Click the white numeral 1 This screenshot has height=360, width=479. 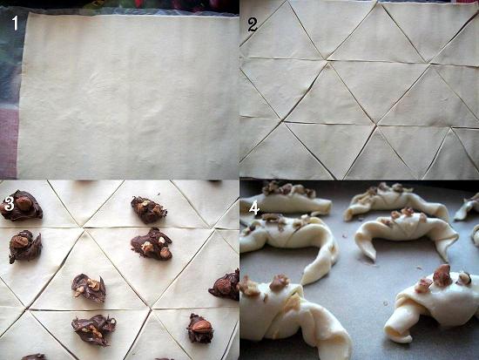click(x=16, y=24)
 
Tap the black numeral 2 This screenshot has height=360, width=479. click(x=252, y=25)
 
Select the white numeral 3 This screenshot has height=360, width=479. click(x=10, y=204)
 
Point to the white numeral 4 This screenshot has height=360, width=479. click(x=254, y=209)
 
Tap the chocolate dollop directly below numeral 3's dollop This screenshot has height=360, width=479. click(x=25, y=246)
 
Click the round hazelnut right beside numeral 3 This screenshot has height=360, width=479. click(x=24, y=203)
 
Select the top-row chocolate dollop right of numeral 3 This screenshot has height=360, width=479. click(x=148, y=209)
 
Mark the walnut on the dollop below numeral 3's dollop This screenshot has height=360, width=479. click(x=19, y=241)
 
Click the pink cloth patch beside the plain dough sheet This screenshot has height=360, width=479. click(x=9, y=144)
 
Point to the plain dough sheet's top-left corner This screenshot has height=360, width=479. click(x=28, y=13)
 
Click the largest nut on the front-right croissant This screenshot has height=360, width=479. click(x=442, y=275)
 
